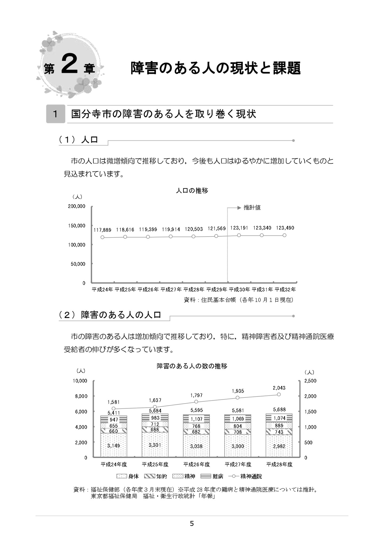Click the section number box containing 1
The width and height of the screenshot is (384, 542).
point(55,114)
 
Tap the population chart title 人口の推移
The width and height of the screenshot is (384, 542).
point(192,191)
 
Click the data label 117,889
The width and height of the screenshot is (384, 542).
point(102,230)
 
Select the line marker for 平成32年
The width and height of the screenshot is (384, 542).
point(285,235)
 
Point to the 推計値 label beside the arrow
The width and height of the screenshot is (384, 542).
point(252,207)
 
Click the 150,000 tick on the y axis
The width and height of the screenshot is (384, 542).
point(77,226)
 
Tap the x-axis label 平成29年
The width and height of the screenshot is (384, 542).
point(217,290)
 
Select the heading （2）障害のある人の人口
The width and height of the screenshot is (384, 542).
point(110,315)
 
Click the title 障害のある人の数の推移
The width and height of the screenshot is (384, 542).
point(192,366)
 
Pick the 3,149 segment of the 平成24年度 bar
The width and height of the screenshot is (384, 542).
point(114,446)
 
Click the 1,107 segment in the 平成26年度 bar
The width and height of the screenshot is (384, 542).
point(196,419)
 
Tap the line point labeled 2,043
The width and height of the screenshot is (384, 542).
point(279,394)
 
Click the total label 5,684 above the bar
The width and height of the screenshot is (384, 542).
point(155,411)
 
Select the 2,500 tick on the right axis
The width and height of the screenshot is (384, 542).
point(310,381)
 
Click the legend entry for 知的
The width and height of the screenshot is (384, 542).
point(156,476)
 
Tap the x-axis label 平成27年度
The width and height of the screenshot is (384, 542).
point(238,464)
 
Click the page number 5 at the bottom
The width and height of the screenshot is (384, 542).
point(192,524)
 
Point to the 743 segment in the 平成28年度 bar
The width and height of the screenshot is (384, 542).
point(279,432)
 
